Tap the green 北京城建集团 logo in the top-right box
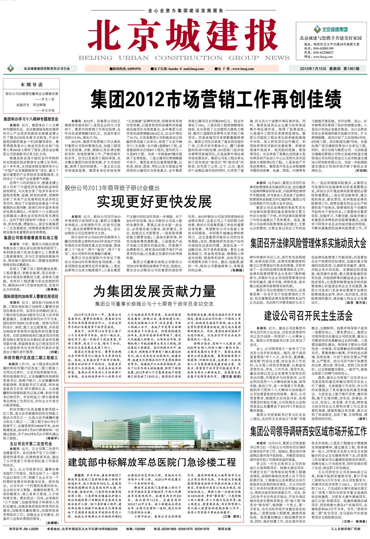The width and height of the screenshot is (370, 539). click(x=331, y=29)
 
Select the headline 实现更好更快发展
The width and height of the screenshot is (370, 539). click(x=154, y=202)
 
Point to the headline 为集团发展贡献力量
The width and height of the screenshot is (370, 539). click(x=154, y=291)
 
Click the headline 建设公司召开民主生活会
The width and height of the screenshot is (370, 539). click(x=308, y=316)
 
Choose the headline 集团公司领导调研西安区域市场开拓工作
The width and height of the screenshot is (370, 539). click(x=308, y=431)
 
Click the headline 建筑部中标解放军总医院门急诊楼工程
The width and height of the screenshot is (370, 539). click(x=152, y=462)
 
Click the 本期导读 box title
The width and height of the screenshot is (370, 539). click(x=31, y=84)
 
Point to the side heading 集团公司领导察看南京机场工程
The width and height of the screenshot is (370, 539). click(x=31, y=238)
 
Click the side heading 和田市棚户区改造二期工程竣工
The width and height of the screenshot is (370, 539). click(x=31, y=358)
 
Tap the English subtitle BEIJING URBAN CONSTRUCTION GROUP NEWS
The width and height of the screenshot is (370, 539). click(x=184, y=58)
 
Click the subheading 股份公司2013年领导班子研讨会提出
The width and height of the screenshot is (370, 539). click(x=112, y=188)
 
